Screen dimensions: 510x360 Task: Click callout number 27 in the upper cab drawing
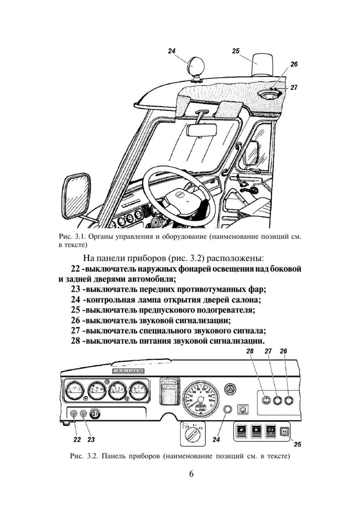tap(294, 87)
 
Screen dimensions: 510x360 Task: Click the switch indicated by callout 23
tap(83, 414)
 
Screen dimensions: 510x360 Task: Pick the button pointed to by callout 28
tap(266, 400)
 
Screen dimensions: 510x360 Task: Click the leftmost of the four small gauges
tap(74, 390)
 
